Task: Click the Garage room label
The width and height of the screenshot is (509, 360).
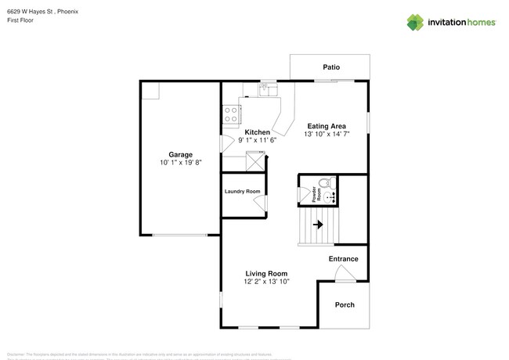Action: coord(180,154)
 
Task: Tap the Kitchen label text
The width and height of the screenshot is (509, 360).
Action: coord(258,132)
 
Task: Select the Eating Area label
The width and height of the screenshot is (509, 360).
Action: coord(327,126)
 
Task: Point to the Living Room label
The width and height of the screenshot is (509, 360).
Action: coord(266,273)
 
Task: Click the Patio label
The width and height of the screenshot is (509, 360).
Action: coord(331,67)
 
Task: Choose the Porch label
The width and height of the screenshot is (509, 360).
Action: coord(345,304)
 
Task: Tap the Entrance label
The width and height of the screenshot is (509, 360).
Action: coord(343,259)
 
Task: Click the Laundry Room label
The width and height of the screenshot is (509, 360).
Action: coord(242,192)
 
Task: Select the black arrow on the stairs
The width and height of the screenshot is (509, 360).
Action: coord(318,225)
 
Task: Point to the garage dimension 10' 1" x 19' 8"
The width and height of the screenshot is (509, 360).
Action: coord(180,163)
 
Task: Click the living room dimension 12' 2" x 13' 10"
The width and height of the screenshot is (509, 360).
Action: coord(266,282)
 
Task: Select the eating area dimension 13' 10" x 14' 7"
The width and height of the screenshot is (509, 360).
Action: coord(327,135)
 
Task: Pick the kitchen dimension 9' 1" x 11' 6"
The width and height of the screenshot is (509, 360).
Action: coord(258,140)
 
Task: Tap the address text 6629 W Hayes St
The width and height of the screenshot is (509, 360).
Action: coord(35,13)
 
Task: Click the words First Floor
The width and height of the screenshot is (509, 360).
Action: coord(21,21)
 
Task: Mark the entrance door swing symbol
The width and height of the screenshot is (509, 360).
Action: coord(343,273)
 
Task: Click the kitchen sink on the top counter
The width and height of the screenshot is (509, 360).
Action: coord(268,89)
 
